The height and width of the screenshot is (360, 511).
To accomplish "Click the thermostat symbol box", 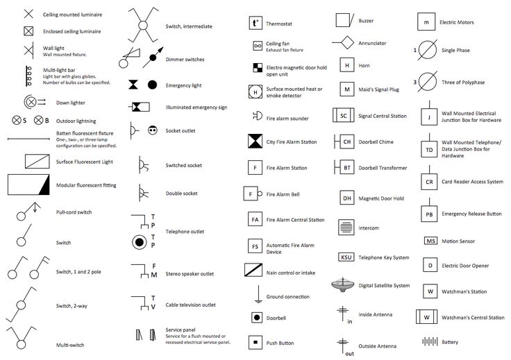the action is [x=255, y=23].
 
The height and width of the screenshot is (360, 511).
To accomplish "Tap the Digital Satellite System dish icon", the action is [x=343, y=285].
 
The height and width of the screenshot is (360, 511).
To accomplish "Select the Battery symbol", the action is [x=430, y=341].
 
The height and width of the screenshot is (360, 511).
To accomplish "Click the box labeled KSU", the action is [x=346, y=257].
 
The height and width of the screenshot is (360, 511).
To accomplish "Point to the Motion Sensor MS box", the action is [x=430, y=241].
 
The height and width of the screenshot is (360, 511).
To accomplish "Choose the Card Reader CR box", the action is [x=429, y=182].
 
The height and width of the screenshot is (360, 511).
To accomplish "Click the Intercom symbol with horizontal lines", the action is [x=346, y=227].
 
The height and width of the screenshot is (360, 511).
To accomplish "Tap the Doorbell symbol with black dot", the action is [x=257, y=318].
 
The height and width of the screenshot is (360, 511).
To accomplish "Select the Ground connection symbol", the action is [x=258, y=294].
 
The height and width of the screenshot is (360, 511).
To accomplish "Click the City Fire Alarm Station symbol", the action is [x=255, y=142].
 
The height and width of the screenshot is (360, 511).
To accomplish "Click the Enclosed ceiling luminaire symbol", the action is [x=28, y=31].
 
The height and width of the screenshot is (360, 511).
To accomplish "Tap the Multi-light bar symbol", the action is [x=28, y=76].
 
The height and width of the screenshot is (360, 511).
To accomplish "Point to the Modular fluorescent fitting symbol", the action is [x=28, y=185].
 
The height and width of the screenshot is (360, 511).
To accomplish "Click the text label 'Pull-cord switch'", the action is [x=74, y=212].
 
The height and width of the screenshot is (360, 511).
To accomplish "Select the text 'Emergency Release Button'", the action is [x=471, y=214].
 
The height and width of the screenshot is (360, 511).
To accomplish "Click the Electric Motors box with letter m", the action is [x=426, y=22].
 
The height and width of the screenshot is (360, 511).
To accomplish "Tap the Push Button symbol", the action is [x=255, y=343].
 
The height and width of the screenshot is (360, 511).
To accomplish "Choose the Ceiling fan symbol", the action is [x=258, y=46].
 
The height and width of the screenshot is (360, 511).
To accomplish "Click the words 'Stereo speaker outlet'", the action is [x=190, y=274].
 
